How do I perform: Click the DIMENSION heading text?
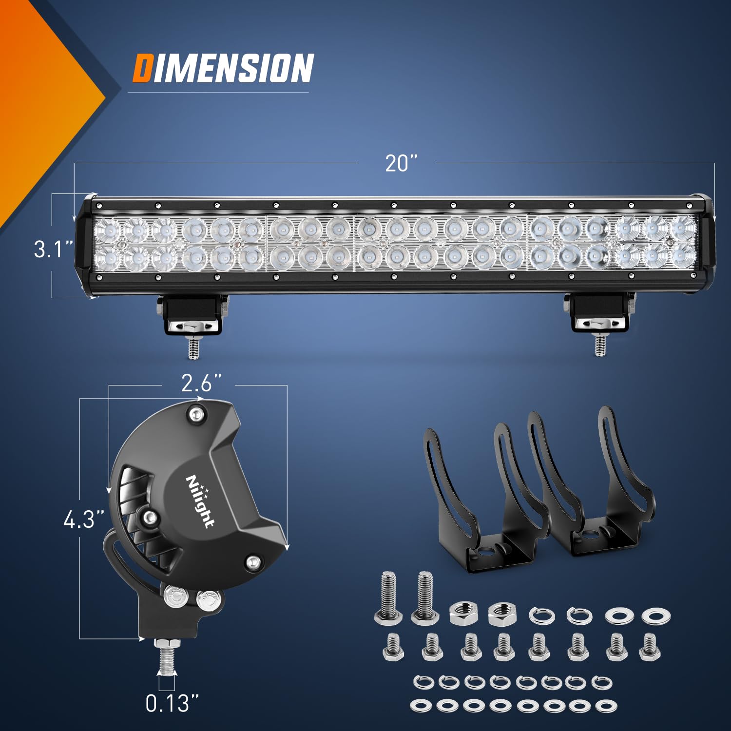point(223,68)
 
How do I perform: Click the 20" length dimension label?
point(402,164)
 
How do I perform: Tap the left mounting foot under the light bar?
point(193,317)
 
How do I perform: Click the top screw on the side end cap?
point(196,415)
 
